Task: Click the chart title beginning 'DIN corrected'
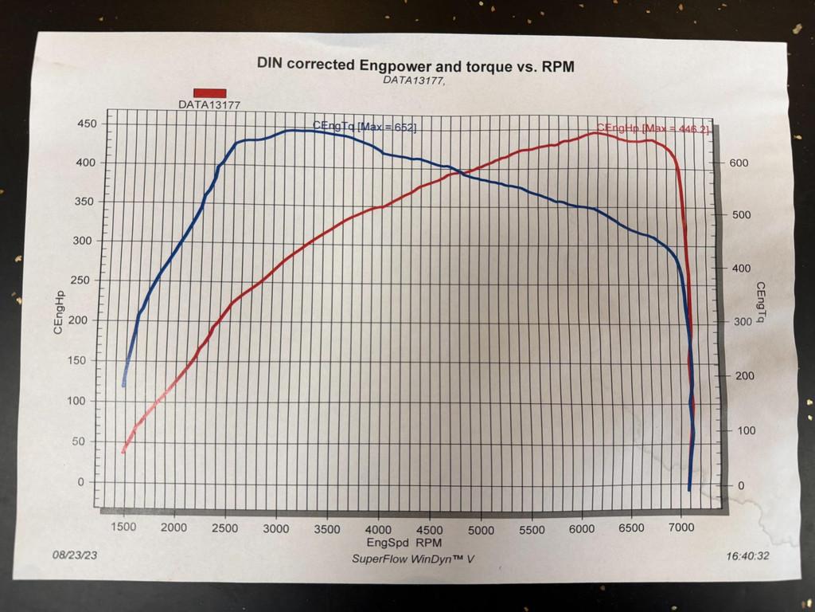[x=415, y=65]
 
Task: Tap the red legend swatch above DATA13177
[x=209, y=93]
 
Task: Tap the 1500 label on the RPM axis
[x=123, y=528]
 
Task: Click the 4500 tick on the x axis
[x=430, y=530]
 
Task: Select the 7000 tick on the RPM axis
[x=681, y=528]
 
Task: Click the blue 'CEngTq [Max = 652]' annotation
[x=364, y=126]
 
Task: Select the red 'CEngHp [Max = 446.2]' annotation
[x=652, y=129]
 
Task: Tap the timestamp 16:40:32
[x=748, y=556]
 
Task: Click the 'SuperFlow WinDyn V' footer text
[x=413, y=559]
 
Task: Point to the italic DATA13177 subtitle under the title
[x=414, y=80]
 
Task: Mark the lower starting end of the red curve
[x=123, y=453]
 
